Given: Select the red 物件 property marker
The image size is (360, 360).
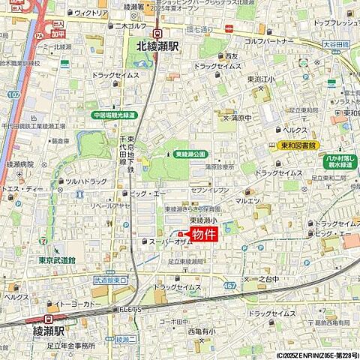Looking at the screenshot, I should [x=203, y=235].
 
